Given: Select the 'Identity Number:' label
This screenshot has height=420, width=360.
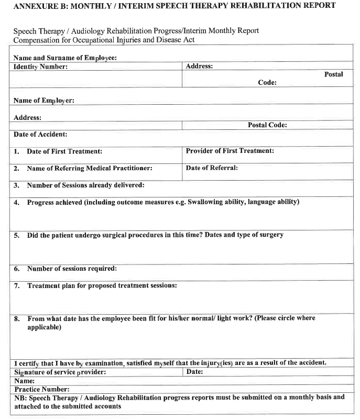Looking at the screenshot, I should click(x=40, y=67).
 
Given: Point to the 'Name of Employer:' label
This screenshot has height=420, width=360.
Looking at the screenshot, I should click(x=43, y=101).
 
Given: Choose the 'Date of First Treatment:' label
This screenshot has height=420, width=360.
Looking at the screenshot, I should click(x=64, y=151).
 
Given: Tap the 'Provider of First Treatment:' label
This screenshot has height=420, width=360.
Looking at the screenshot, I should click(x=230, y=151).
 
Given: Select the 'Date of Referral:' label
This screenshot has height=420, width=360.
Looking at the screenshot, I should click(x=212, y=168).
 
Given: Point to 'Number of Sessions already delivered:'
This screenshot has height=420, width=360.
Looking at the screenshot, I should click(x=85, y=185).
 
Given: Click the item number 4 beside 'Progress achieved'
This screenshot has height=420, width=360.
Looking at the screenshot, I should click(x=17, y=203).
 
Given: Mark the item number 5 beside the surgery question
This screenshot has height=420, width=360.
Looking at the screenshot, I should click(x=17, y=236).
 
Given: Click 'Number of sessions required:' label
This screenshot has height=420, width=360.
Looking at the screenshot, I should click(x=72, y=269).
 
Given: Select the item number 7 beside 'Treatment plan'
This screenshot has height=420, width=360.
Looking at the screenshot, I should click(x=17, y=286).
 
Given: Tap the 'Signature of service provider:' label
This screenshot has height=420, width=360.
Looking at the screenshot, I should click(x=60, y=372).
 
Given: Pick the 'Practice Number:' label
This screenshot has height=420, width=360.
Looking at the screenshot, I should click(x=41, y=389).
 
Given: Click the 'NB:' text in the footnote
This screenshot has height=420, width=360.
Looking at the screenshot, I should click(x=20, y=397).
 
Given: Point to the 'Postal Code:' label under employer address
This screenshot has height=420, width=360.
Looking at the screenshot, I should click(x=267, y=126).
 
